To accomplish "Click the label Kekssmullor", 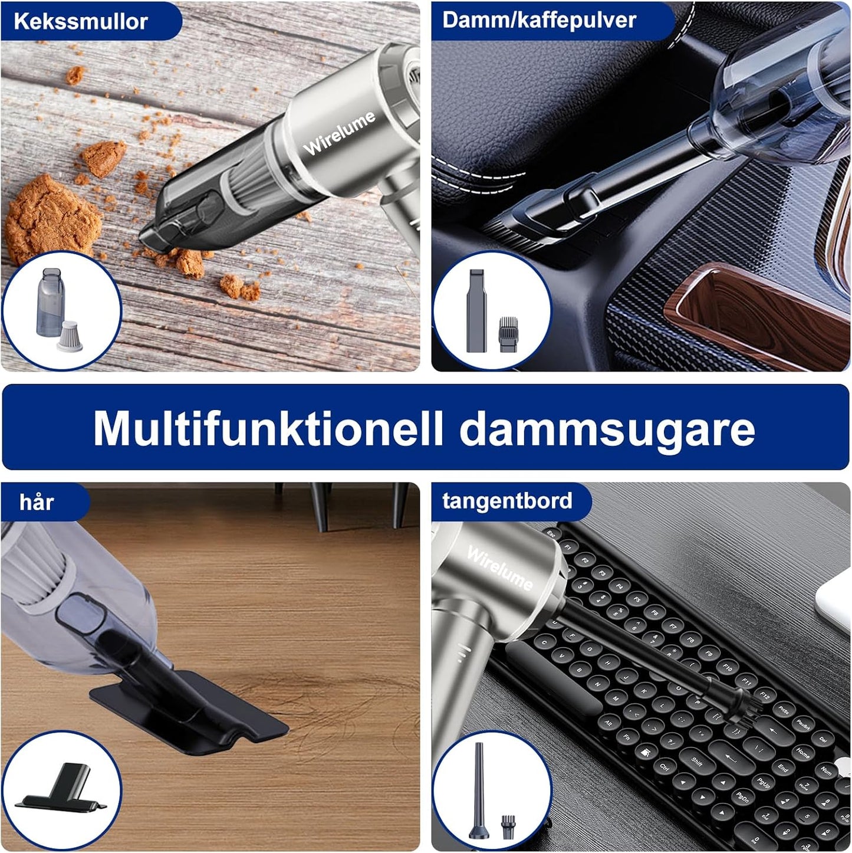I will [x=80, y=21].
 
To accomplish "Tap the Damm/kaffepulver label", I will [x=538, y=20].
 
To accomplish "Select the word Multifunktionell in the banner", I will [x=268, y=428].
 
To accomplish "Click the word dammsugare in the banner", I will [x=607, y=428].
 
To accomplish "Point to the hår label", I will [x=37, y=502].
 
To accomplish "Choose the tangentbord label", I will [x=507, y=501].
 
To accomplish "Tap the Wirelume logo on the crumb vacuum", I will [x=339, y=133].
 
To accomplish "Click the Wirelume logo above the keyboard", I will [x=499, y=567].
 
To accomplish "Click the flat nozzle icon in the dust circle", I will [x=476, y=310].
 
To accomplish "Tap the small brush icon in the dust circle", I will [x=508, y=334].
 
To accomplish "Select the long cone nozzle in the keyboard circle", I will [x=479, y=790].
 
